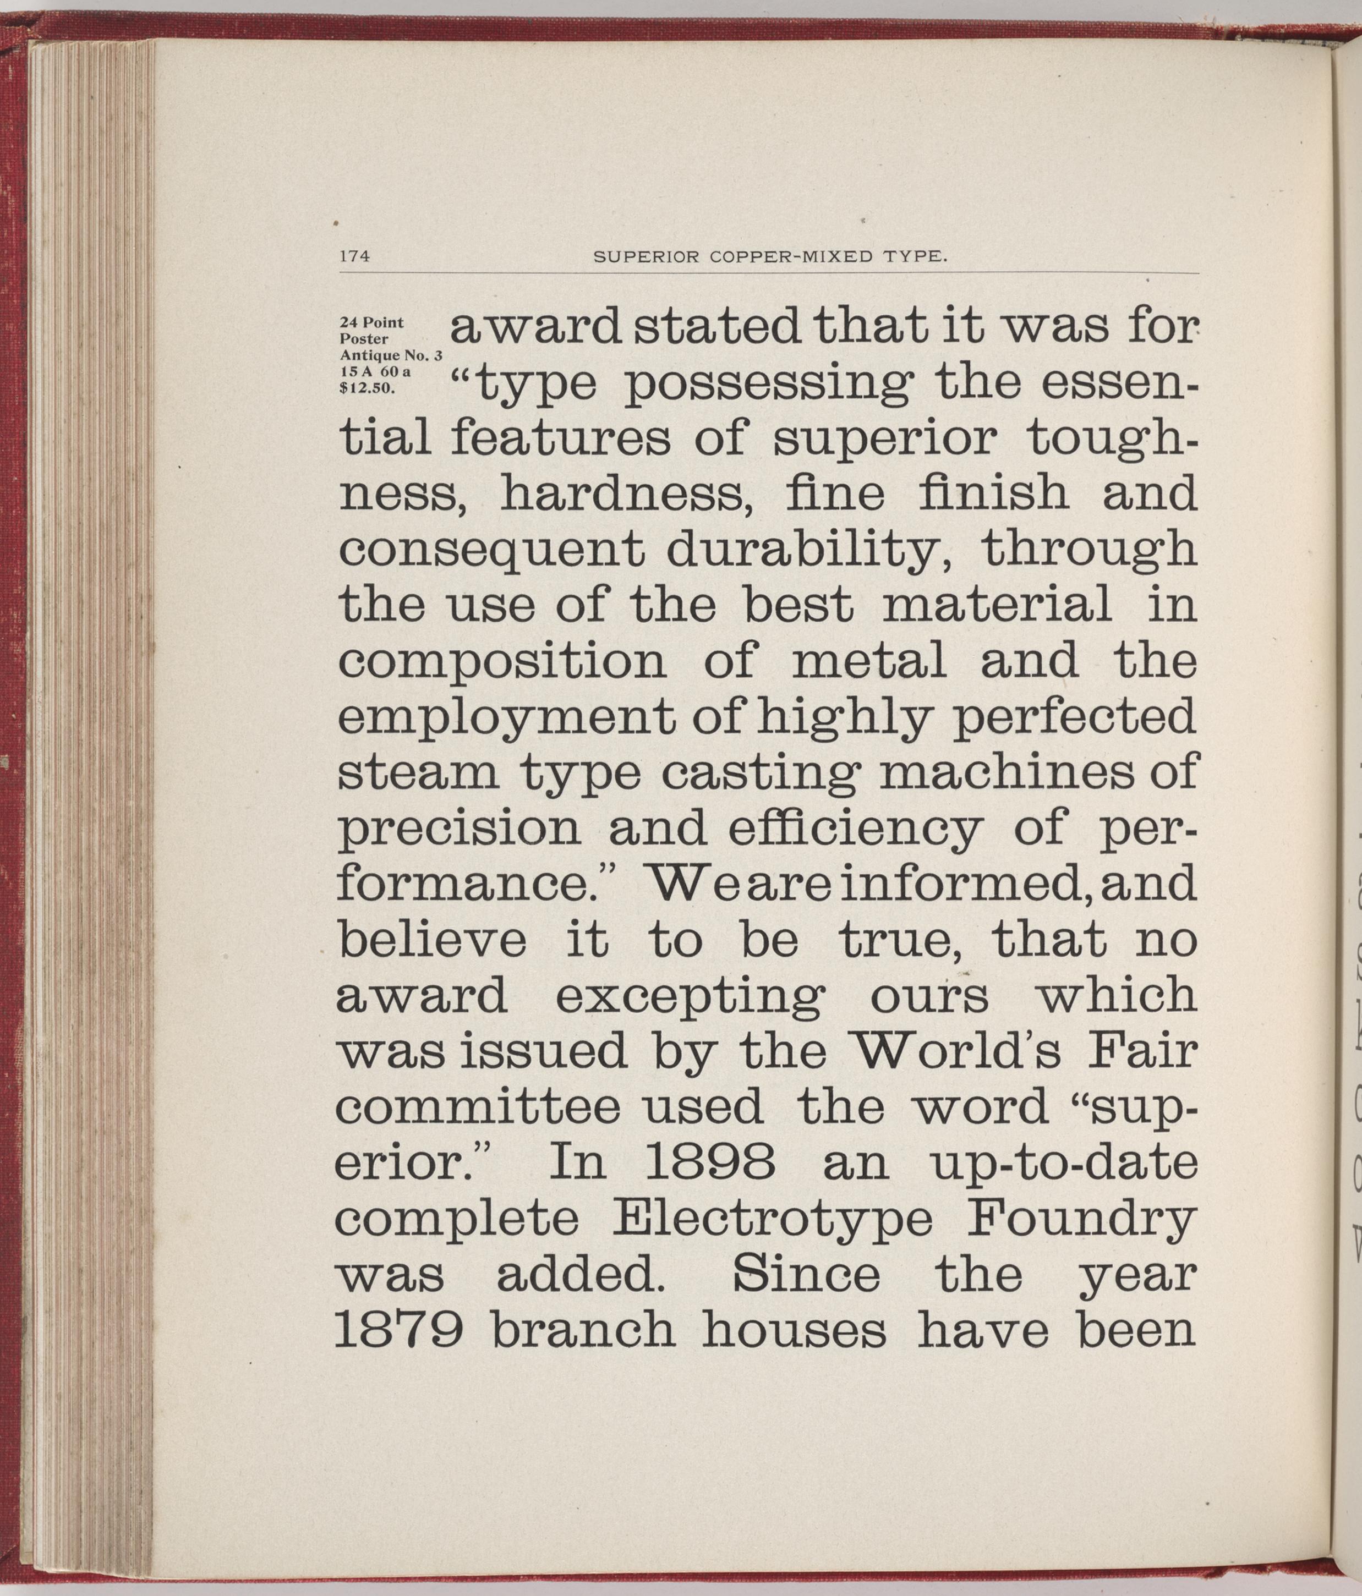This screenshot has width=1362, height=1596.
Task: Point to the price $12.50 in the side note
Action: [x=368, y=388]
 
